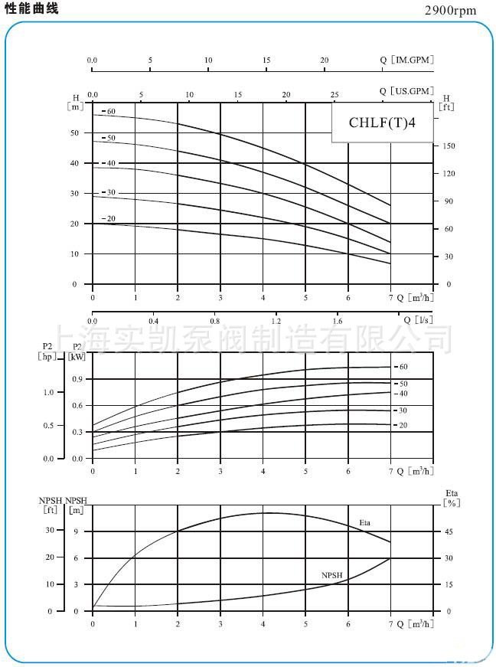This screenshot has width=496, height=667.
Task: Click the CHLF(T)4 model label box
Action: (382, 123)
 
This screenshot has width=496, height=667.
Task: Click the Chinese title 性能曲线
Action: (31, 8)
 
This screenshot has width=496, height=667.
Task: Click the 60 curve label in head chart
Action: (109, 112)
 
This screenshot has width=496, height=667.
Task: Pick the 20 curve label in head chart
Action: (109, 219)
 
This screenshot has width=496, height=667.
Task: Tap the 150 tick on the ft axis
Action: (449, 146)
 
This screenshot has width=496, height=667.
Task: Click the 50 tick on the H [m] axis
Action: (74, 133)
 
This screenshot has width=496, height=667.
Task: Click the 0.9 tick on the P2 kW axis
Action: (77, 379)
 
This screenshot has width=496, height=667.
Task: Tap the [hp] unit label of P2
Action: (47, 357)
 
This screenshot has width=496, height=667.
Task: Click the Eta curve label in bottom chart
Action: (366, 522)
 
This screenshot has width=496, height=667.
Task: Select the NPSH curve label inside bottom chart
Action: (331, 574)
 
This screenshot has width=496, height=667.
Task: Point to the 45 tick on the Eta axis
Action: (449, 531)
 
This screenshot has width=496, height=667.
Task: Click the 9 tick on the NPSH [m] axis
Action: (77, 531)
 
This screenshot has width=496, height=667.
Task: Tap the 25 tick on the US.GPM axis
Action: (334, 95)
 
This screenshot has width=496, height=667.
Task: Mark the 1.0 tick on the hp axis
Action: (49, 392)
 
